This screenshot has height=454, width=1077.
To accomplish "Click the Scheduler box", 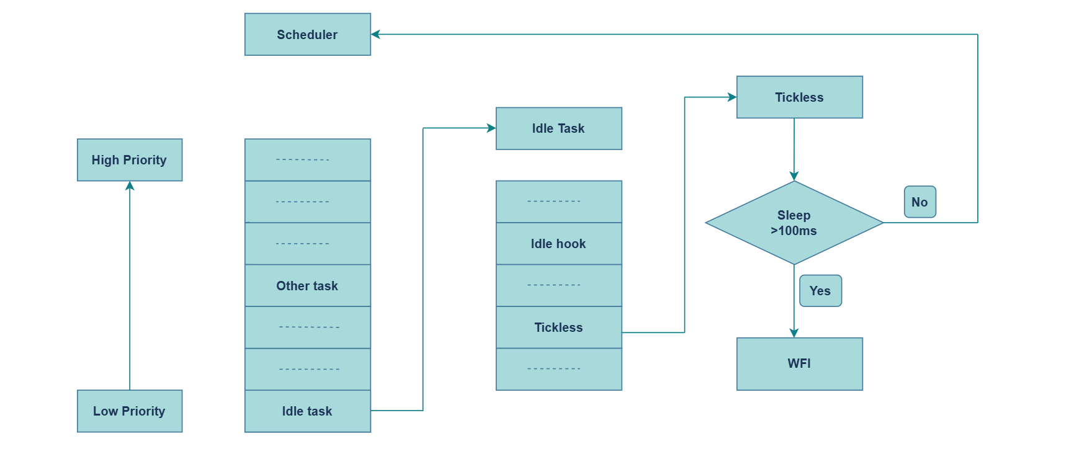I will coord(307,35).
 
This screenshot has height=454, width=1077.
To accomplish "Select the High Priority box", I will coord(129,160).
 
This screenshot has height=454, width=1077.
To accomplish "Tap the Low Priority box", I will coord(129,411).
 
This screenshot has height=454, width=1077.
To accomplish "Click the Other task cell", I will coord(307,286).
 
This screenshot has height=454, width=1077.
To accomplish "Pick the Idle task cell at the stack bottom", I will coord(307,411).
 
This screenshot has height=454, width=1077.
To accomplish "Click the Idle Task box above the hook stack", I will coord(558,128).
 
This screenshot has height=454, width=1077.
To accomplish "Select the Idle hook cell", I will coord(558,244).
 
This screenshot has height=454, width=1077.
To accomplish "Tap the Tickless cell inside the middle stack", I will coord(558,327).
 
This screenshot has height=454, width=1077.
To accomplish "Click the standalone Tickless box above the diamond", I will coord(799,97).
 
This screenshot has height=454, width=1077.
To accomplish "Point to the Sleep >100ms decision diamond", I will coord(793,223).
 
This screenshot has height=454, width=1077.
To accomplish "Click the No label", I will coord(919,202).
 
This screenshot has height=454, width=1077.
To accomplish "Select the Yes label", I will coord(820,291).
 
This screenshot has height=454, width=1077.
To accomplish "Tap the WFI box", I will coord(799,363).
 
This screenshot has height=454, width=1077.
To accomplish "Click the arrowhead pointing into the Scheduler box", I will coord(375,34).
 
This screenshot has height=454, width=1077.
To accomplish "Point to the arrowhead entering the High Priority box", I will coord(130,185).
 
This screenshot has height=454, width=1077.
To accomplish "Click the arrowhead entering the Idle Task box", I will coord(491,128).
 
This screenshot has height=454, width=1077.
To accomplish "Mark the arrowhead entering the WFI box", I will coord(794,333).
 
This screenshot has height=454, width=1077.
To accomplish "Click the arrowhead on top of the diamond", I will coord(794,176).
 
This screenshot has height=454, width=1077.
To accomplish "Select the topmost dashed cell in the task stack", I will coord(307,160).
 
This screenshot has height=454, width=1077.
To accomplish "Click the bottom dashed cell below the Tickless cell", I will coord(558,369).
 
